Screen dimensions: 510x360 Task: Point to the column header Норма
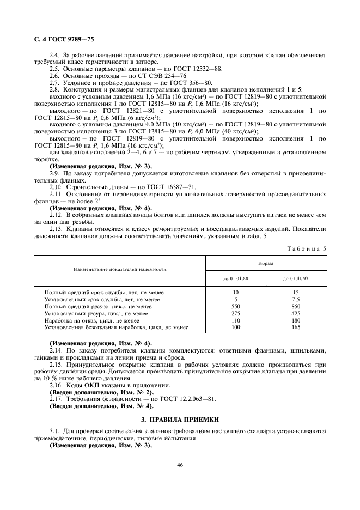266,263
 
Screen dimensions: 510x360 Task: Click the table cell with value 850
296,306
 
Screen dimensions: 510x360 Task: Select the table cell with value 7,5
296,299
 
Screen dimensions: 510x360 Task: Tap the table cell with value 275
235,313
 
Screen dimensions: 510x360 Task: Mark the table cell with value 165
296,327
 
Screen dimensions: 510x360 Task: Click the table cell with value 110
235,320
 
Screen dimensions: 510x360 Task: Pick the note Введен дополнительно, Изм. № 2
101,392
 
